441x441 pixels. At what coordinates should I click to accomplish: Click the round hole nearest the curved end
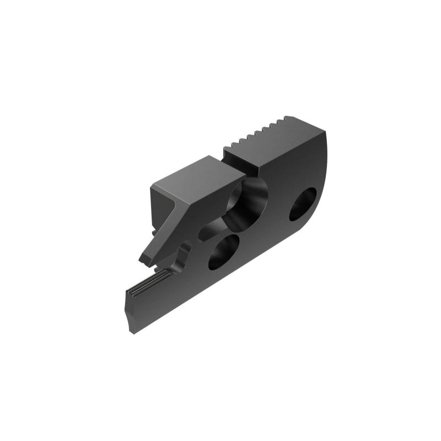tap(303, 204)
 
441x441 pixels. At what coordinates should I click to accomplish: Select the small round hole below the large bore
tap(224, 251)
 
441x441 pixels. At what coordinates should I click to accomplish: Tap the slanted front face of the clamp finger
tap(165, 232)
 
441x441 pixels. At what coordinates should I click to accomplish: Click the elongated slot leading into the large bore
tap(212, 230)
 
